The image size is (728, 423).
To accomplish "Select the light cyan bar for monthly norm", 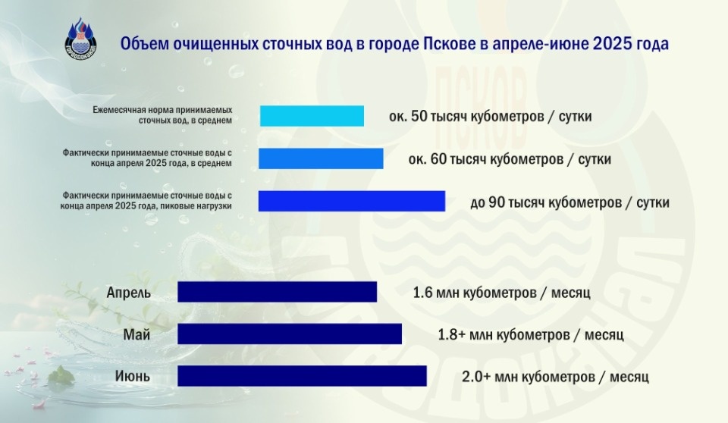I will [312, 116].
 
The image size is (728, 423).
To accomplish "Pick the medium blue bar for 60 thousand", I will [321, 158].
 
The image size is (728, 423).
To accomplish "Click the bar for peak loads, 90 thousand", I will [351, 201].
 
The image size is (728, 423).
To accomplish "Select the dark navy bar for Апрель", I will [277, 292].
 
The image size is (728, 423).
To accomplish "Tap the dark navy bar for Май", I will [289, 334].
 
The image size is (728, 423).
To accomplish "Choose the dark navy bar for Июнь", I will [302, 376].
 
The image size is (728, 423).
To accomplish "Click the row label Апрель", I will [129, 293].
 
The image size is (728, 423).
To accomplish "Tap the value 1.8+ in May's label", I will [452, 334].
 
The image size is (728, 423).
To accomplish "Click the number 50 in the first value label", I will [419, 117].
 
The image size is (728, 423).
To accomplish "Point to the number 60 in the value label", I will [438, 160].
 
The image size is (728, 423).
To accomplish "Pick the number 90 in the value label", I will [496, 203].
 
